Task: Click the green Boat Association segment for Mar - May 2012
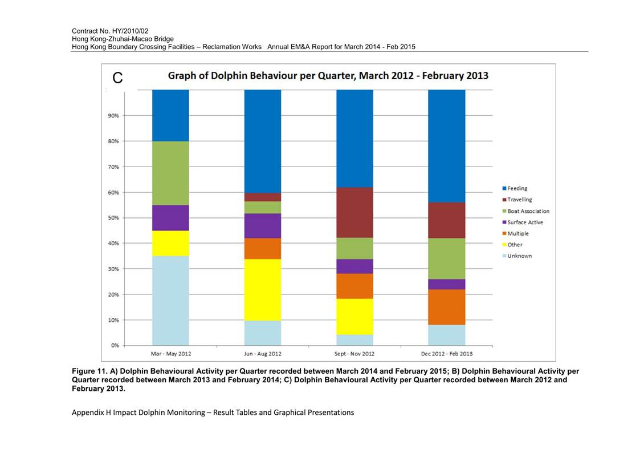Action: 170,173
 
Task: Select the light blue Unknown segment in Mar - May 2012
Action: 170,301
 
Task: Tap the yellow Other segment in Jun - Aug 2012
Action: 263,290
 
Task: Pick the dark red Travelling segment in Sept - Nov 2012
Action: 354,212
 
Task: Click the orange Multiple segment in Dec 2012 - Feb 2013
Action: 447,307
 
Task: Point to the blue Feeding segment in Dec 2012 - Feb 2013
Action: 447,146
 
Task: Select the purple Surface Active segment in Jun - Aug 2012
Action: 263,226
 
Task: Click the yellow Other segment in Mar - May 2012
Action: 170,244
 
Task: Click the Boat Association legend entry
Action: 525,211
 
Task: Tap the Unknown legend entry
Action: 517,256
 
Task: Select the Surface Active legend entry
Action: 523,223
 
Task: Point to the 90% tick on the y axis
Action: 113,116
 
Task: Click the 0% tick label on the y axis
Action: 115,346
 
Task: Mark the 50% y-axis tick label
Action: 113,218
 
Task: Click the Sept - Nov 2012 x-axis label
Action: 354,354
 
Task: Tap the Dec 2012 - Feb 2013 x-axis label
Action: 447,354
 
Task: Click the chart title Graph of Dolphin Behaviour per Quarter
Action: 328,76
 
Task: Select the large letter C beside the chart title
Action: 117,78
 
